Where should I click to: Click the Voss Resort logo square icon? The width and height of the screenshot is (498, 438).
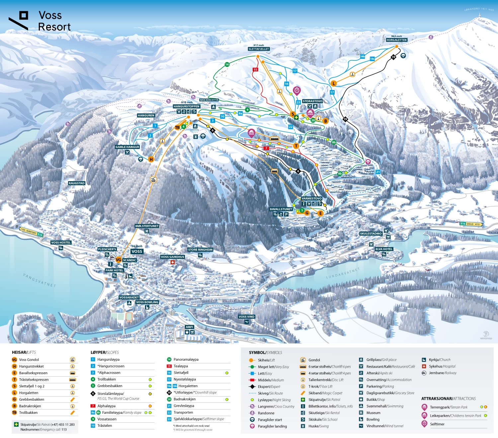pos(24,15)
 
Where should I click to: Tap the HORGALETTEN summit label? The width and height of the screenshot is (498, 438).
pos(396,40)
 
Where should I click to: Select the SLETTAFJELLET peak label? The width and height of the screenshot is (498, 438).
pos(259,49)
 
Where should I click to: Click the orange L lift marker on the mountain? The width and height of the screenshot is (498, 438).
pos(334,83)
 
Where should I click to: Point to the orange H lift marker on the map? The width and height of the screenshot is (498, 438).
pos(151,159)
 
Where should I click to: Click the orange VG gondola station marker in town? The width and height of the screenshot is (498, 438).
pos(119,260)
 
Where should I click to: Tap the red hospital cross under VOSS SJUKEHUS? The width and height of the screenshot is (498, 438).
pos(172,262)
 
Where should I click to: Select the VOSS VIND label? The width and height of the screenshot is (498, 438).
pos(246,317)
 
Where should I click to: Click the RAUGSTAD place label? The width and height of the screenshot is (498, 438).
pos(77,183)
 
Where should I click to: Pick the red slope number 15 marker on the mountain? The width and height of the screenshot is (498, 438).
pos(255,70)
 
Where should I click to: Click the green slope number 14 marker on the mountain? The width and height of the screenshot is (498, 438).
pos(227,64)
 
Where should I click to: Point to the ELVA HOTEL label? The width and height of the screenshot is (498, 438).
pos(384,249)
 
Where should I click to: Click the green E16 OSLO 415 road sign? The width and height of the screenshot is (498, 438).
pos(470,224)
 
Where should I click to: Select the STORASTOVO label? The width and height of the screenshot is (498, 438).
pos(312,101)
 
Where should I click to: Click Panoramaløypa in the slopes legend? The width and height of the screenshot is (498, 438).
pos(186,359)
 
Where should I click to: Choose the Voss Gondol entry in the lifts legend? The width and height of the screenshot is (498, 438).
pos(29,360)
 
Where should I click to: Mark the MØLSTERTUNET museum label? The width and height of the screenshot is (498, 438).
pos(147,226)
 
